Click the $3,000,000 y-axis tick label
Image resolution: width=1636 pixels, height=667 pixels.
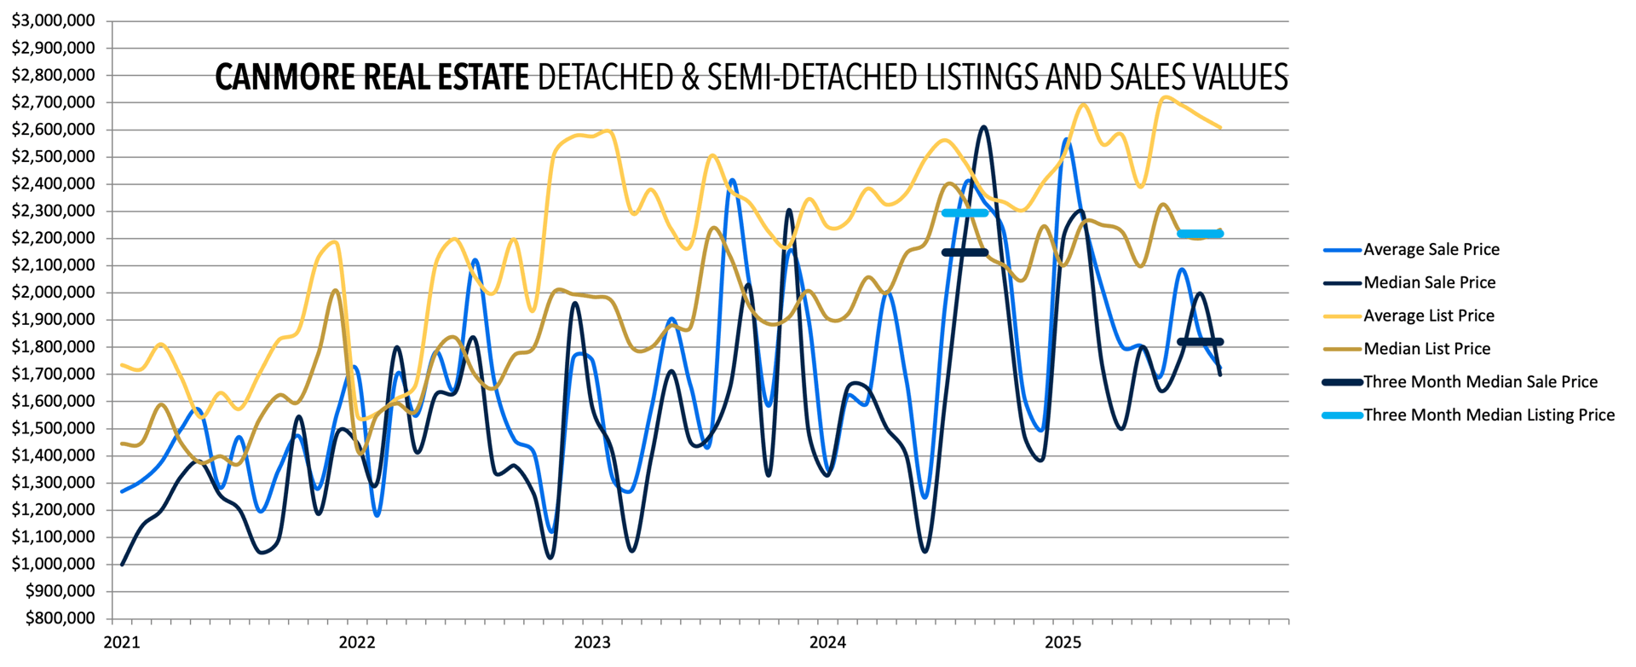[53, 20]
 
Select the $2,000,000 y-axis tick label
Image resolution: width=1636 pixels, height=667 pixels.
[53, 293]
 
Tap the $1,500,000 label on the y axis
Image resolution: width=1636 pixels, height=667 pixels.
[53, 428]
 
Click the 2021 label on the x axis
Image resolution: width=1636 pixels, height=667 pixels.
[122, 642]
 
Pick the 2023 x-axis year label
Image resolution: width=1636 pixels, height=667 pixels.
[592, 642]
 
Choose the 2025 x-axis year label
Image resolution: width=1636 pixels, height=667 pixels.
[1063, 642]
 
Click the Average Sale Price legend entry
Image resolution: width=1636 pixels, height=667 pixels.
[1431, 250]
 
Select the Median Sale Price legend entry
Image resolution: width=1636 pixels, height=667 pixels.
[1429, 282]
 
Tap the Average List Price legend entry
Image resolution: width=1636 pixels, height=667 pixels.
[1428, 316]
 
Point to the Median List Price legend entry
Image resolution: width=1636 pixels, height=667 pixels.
[1426, 349]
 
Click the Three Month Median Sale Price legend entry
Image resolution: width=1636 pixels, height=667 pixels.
[1480, 382]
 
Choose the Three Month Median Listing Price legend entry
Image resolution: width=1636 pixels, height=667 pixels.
[1489, 415]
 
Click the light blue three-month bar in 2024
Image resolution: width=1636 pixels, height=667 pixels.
[965, 212]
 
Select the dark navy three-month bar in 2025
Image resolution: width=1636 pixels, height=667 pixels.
[1200, 342]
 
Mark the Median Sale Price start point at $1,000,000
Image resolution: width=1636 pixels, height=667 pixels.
[123, 564]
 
